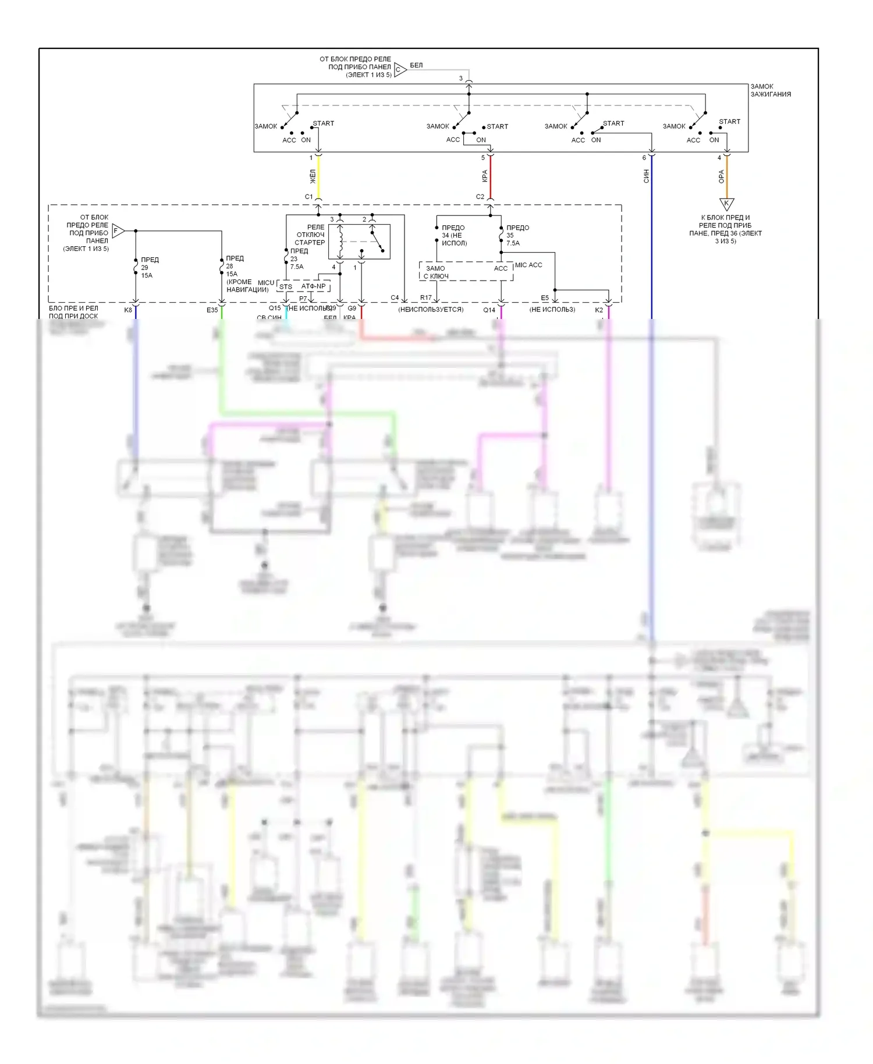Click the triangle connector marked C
click(400, 70)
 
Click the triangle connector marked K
click(726, 204)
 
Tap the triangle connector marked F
click(118, 230)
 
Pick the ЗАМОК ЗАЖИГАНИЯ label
click(770, 90)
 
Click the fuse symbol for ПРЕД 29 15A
click(136, 267)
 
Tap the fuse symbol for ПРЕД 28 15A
click(222, 266)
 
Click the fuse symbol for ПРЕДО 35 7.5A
click(501, 235)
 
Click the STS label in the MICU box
click(286, 287)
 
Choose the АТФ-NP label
click(313, 286)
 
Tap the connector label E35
click(212, 310)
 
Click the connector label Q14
click(489, 310)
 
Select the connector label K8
click(128, 310)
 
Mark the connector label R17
click(426, 298)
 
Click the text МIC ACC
click(528, 265)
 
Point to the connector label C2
click(480, 197)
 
